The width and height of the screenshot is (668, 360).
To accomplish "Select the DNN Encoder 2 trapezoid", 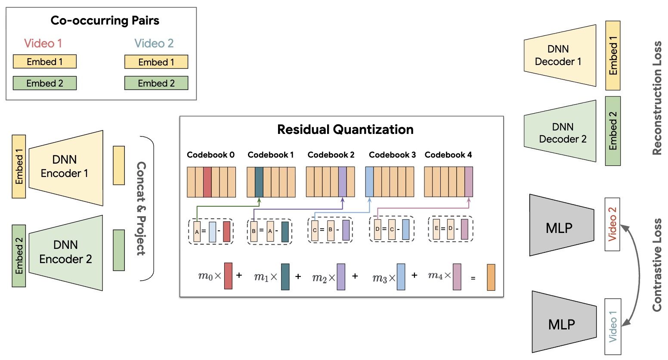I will [65, 252].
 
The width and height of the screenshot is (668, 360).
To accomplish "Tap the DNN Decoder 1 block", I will [559, 56].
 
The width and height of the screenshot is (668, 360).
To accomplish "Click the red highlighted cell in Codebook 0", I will [207, 182].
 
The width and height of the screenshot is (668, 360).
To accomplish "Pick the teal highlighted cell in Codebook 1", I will [259, 182].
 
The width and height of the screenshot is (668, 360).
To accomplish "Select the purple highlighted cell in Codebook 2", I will [342, 182].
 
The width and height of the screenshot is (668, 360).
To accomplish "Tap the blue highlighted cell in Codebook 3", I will [369, 182].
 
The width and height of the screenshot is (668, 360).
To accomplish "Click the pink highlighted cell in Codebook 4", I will [469, 182].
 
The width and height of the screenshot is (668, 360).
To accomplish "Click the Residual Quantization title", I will [345, 130].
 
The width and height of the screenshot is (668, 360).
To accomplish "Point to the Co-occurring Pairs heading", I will [105, 21].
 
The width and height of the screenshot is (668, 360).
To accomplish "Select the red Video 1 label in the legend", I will [43, 43].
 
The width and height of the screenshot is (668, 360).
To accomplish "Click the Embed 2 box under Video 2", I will [156, 83].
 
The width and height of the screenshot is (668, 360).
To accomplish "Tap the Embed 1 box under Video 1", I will [45, 62].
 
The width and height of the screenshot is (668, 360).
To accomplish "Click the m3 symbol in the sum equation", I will [379, 278].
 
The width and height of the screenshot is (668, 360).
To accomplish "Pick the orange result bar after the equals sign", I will [491, 277].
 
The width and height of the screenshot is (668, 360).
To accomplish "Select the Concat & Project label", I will [141, 208].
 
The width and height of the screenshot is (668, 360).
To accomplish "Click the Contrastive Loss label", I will [657, 265].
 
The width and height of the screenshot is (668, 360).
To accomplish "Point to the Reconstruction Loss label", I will [657, 98].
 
